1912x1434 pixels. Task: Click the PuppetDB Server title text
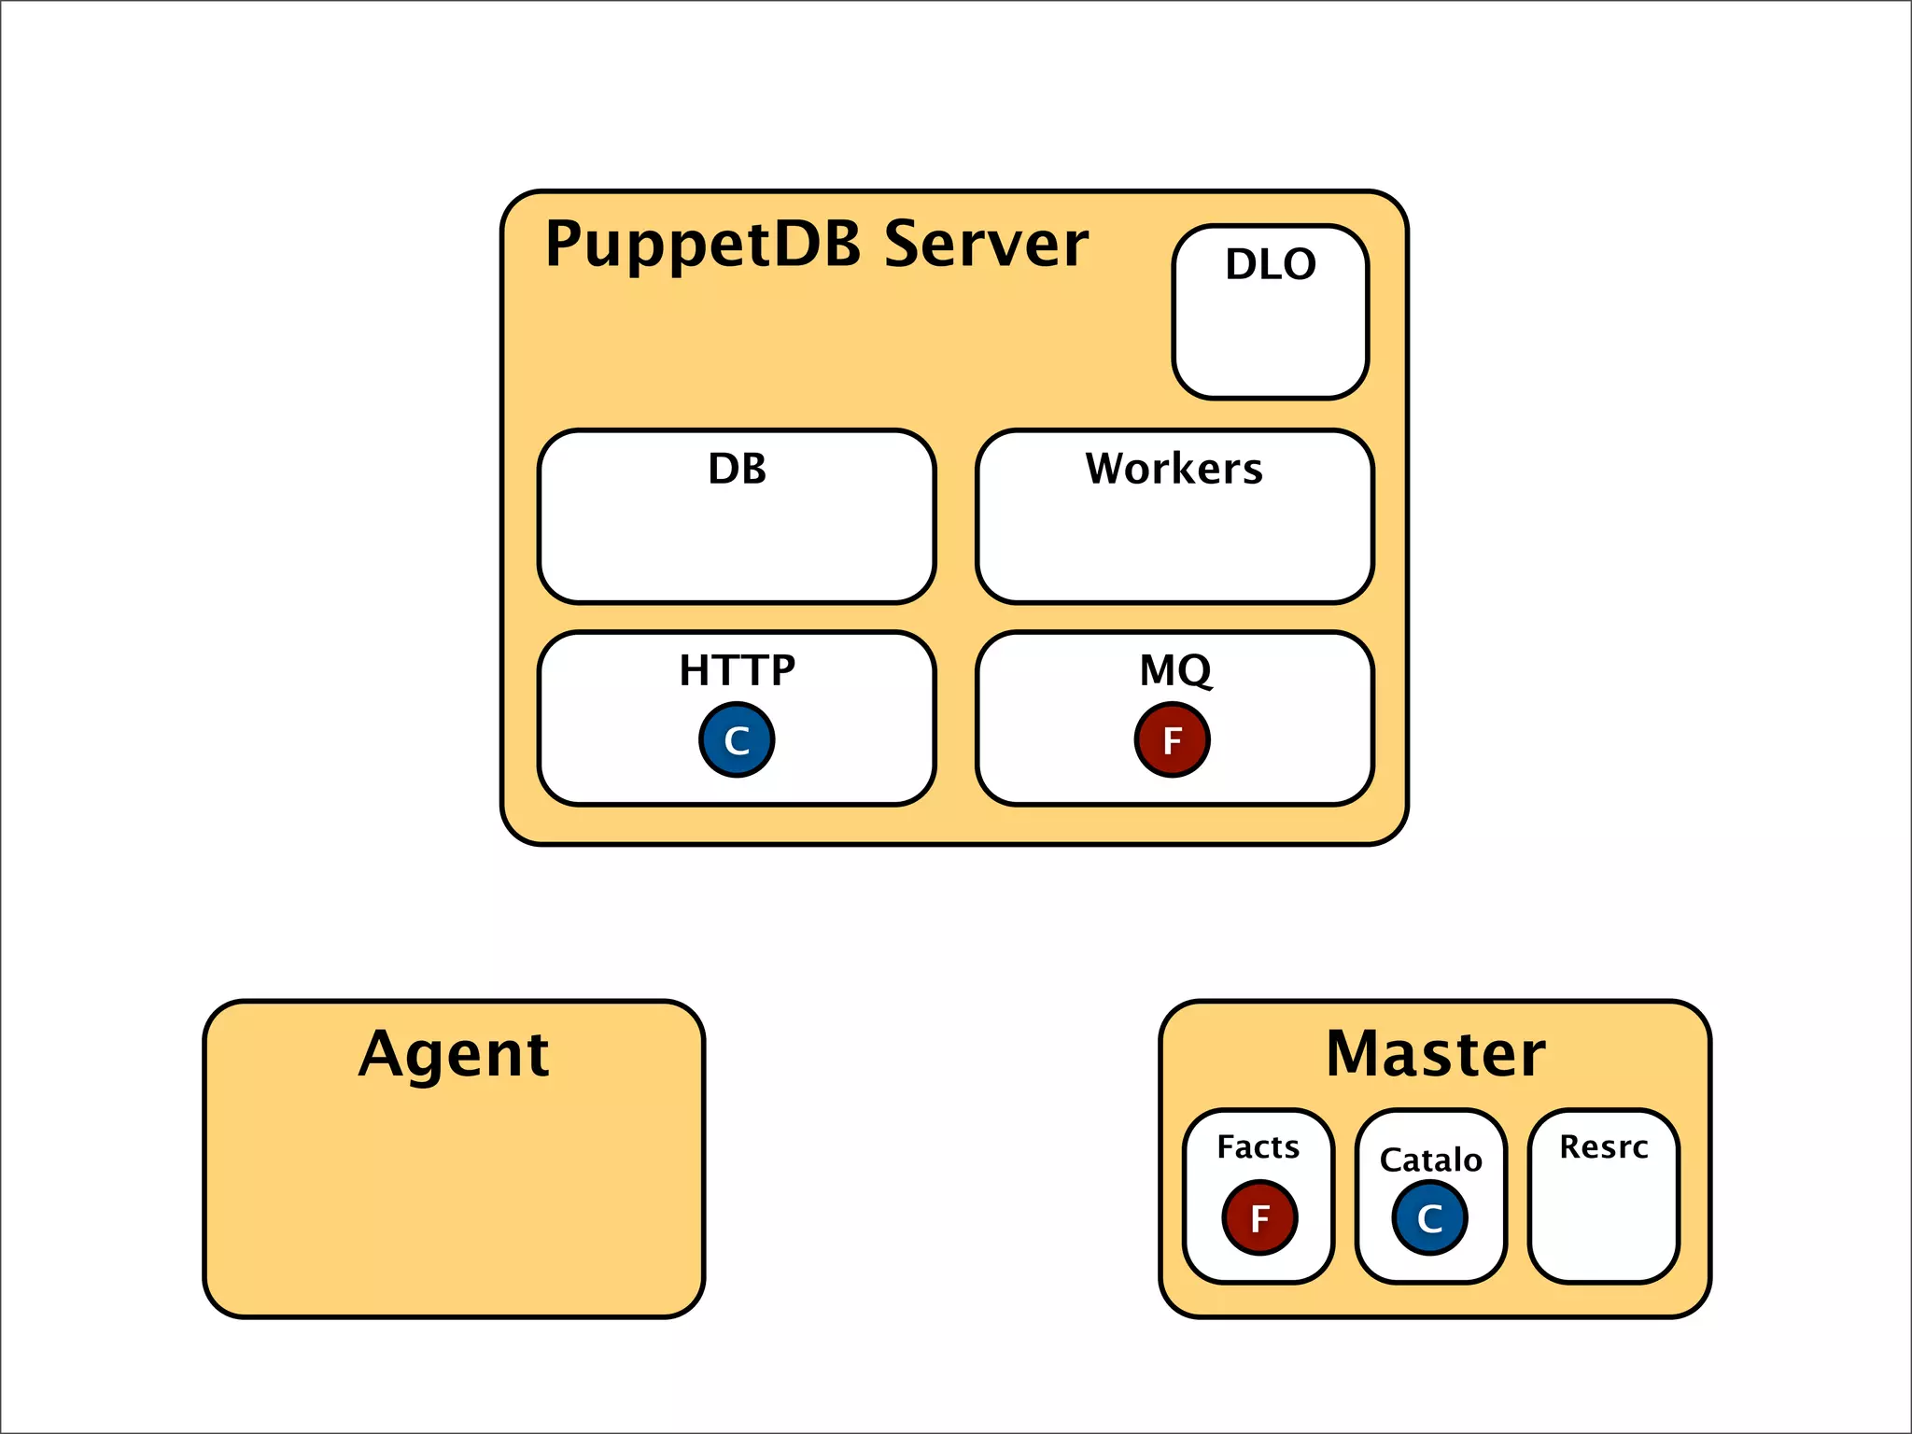pos(816,245)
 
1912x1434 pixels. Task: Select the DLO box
pos(1270,313)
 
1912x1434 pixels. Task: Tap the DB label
pos(737,469)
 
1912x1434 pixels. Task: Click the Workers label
pos(1174,469)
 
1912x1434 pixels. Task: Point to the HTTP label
pos(737,670)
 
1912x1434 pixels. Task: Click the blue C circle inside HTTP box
pos(737,740)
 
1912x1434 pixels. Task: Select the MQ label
pos(1174,670)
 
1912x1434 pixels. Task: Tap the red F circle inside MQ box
pos(1173,740)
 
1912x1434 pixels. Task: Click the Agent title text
pos(454,1055)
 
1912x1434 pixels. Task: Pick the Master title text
pos(1435,1054)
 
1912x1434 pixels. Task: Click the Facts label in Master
pos(1258,1146)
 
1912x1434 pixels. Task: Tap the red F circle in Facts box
pos(1259,1217)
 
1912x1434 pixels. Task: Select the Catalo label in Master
pos(1430,1160)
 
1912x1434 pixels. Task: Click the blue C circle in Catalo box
pos(1429,1217)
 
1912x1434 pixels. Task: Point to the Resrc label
pos(1603,1146)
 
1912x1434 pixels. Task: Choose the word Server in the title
pos(986,245)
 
